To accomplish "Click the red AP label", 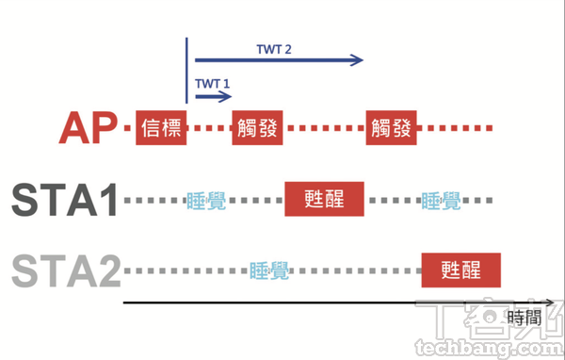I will click(88, 128).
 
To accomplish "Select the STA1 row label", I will click(64, 200).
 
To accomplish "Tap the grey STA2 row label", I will click(64, 271).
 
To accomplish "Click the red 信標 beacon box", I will click(161, 128).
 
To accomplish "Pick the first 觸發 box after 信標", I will click(257, 128).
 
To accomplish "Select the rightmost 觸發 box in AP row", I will click(392, 128).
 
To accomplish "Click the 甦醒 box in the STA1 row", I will click(325, 200).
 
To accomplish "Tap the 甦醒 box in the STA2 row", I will click(460, 271).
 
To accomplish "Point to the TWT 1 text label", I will click(213, 83).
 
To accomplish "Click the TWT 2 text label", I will click(274, 47).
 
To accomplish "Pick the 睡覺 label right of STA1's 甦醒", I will click(441, 200).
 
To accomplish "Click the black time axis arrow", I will click(320, 303).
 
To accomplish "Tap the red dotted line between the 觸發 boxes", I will click(324, 128).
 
